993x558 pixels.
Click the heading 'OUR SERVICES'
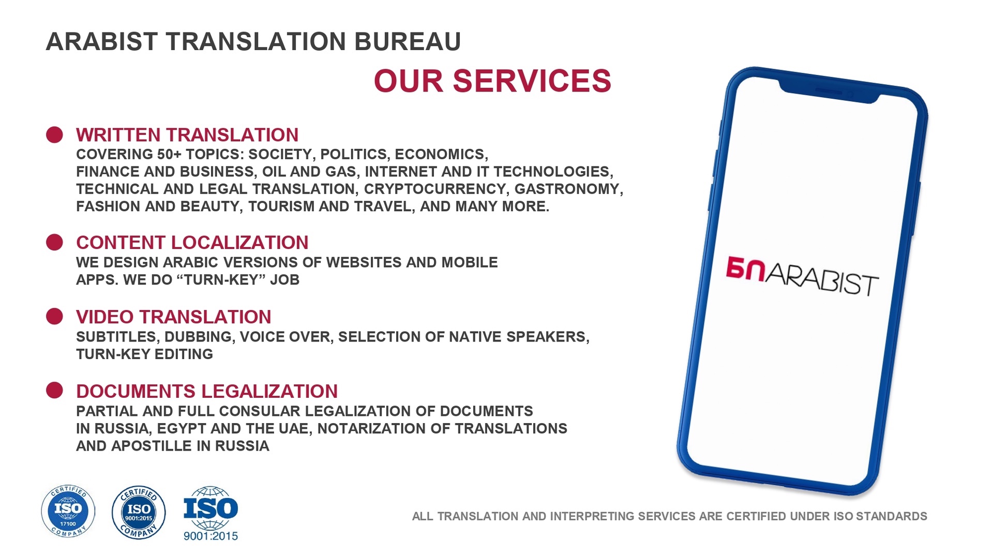(492, 81)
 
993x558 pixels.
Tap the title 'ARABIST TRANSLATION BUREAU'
(253, 42)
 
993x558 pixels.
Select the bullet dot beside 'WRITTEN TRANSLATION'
(54, 135)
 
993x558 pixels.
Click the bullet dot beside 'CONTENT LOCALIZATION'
(54, 242)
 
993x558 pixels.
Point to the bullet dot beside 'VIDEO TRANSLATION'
(54, 316)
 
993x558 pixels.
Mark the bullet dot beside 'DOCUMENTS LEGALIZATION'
(54, 391)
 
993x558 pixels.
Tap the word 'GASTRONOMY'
(567, 189)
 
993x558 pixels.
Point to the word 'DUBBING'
(199, 337)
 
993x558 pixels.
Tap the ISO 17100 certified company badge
(68, 512)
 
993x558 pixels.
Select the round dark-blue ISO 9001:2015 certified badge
(139, 513)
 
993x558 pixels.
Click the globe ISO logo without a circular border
(210, 513)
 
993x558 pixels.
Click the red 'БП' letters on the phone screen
(745, 269)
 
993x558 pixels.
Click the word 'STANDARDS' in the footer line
(892, 516)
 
